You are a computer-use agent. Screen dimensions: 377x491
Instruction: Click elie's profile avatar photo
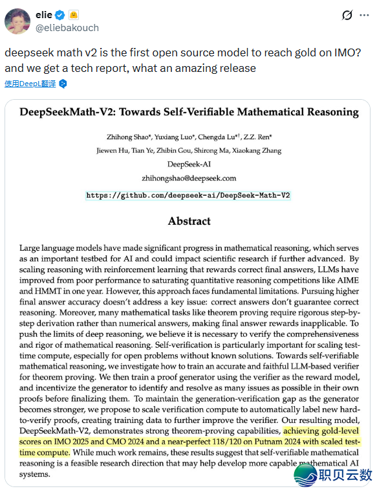(17, 21)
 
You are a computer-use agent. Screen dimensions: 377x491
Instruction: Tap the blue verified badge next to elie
(59, 14)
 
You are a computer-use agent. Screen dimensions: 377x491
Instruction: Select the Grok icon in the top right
(347, 16)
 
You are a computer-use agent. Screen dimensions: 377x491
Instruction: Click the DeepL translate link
(31, 84)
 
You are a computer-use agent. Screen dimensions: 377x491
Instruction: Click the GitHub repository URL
(188, 194)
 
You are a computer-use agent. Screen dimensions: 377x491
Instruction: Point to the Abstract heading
(189, 221)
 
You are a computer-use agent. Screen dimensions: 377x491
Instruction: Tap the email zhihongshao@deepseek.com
(189, 178)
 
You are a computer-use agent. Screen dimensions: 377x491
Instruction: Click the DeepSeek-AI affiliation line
(189, 165)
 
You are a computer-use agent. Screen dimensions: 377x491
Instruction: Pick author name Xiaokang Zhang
(263, 151)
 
